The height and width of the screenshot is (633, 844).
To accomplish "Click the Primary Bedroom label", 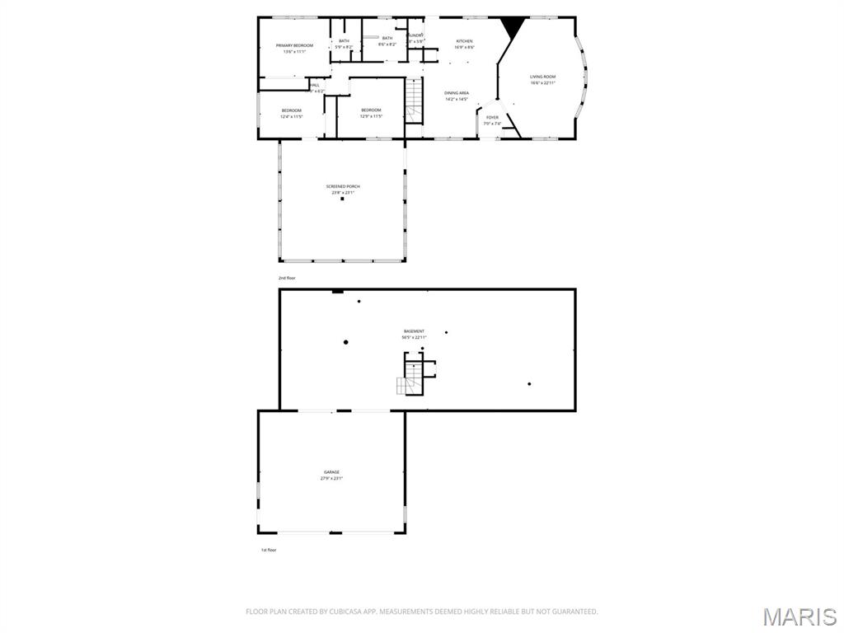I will (x=294, y=45).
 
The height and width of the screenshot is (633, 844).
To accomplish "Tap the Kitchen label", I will (x=465, y=41).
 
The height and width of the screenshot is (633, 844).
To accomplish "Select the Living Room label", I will (x=542, y=77).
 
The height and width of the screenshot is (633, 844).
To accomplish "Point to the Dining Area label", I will (x=457, y=93).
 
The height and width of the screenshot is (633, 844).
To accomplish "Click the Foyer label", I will (x=492, y=118).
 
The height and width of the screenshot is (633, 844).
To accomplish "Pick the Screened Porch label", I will (x=342, y=186).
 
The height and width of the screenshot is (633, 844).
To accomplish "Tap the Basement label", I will (x=414, y=331).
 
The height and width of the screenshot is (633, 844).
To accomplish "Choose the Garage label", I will (x=331, y=472).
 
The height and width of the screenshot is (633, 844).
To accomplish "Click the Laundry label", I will (x=415, y=35).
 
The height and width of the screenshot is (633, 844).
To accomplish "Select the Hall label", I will (x=315, y=85).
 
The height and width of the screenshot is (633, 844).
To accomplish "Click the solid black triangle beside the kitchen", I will (x=513, y=28).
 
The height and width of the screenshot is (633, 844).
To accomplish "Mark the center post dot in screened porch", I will (x=342, y=199).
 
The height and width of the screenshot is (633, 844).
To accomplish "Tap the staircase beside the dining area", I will (x=414, y=101).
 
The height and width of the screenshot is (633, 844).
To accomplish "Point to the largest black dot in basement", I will (x=346, y=342).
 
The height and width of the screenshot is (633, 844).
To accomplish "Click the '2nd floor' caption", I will (x=287, y=278).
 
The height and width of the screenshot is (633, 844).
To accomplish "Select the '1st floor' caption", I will (x=268, y=550).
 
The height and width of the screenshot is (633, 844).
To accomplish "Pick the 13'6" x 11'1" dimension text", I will (x=294, y=52).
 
